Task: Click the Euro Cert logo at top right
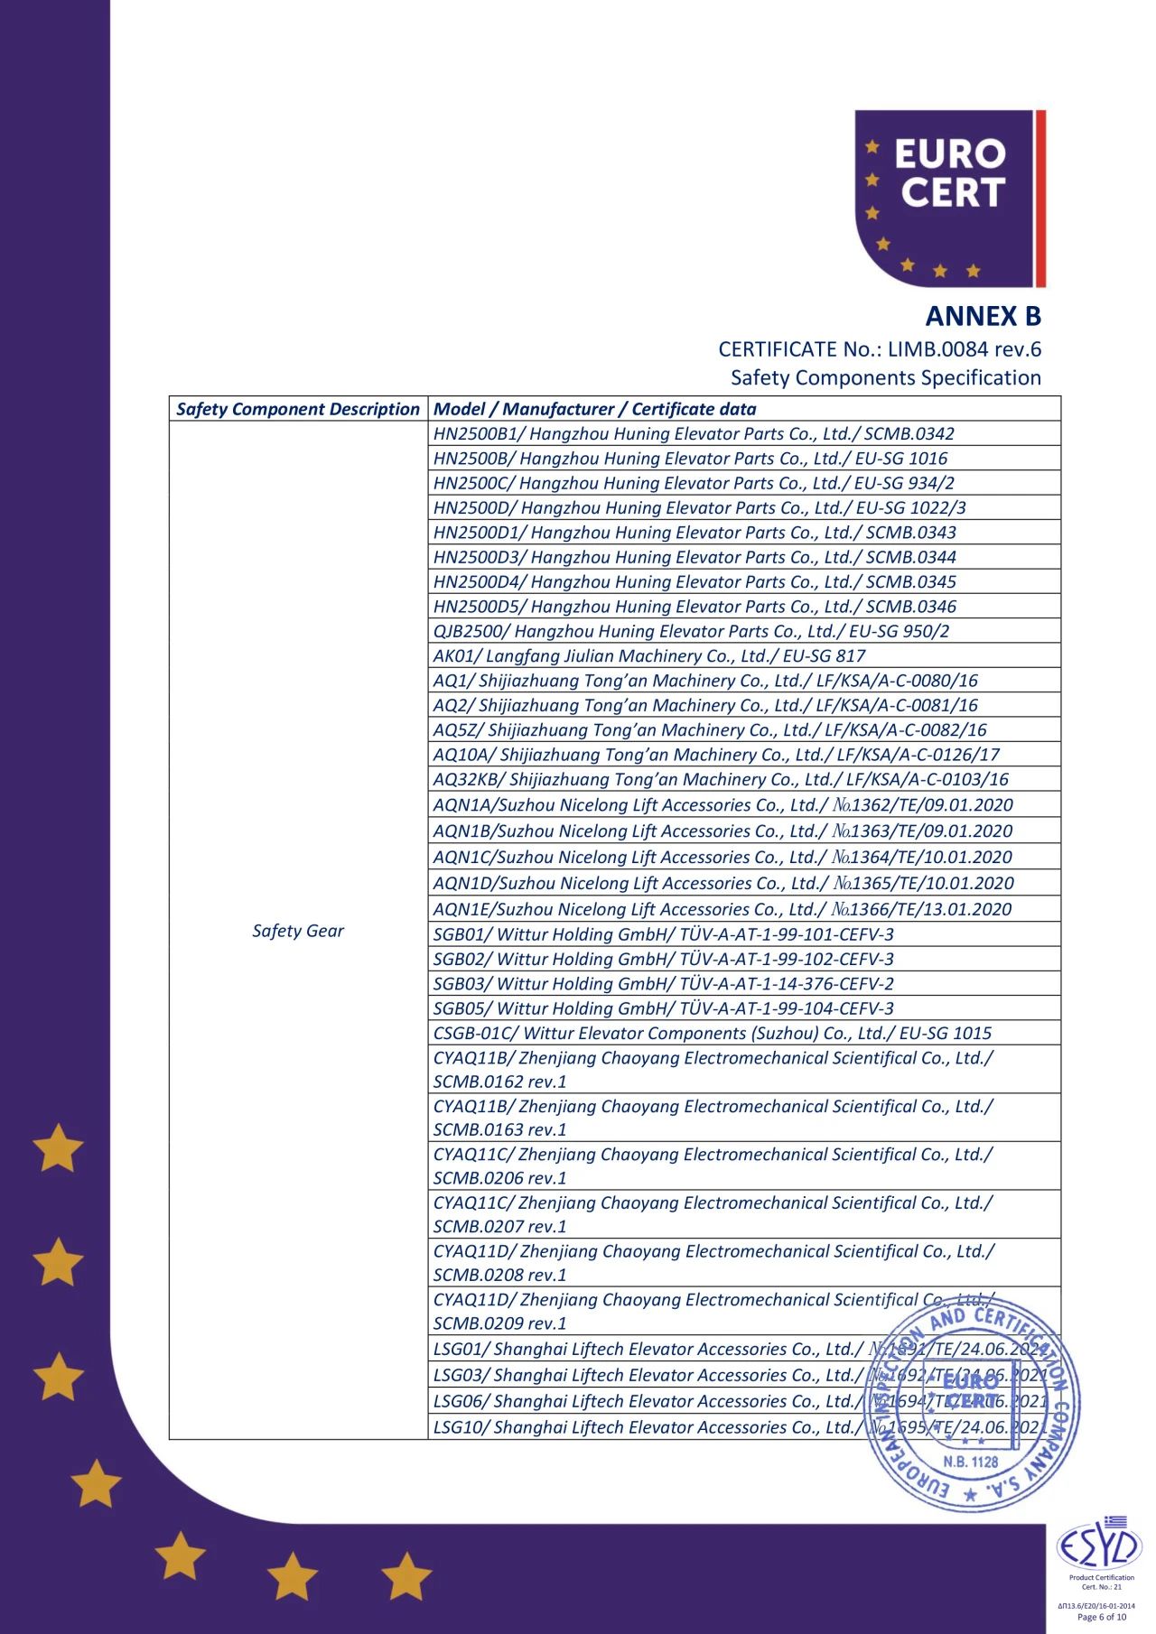coord(949,199)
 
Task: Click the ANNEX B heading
coord(983,316)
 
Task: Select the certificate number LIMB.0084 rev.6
coord(964,348)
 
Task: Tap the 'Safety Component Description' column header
coord(298,409)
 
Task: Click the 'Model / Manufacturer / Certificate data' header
coord(594,409)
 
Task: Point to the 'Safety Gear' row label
coord(298,931)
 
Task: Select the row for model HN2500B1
coord(693,433)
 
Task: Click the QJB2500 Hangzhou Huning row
coord(691,631)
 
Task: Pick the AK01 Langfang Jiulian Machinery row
coord(648,655)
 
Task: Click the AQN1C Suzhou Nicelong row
coord(722,857)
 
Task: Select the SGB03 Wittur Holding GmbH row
coord(663,983)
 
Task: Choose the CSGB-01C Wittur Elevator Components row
coord(712,1033)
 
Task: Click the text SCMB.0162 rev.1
coord(499,1082)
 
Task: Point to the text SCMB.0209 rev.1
coord(499,1323)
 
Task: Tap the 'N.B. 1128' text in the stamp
coord(971,1462)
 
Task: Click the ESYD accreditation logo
coord(1099,1547)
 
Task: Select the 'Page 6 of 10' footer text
coord(1102,1617)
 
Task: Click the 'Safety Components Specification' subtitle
coord(885,377)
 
